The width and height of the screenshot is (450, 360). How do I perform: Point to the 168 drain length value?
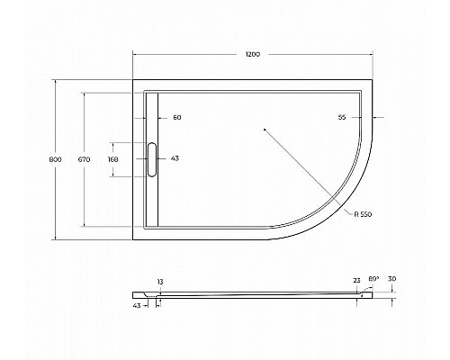[x=112, y=159]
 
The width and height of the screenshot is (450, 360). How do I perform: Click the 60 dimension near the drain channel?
[x=176, y=118]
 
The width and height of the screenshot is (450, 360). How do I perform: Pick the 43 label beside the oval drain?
[x=175, y=159]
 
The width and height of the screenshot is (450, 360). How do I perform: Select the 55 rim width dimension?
[x=343, y=118]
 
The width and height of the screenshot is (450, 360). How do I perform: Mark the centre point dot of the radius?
[x=264, y=130]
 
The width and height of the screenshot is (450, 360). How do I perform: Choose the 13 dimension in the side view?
[x=159, y=283]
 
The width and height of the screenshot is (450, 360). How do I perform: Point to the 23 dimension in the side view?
[x=356, y=280]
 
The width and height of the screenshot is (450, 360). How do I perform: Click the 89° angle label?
[x=373, y=280]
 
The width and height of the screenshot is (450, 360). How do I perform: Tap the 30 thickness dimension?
[x=392, y=280]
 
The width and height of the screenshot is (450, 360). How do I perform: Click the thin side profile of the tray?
[x=261, y=294]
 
